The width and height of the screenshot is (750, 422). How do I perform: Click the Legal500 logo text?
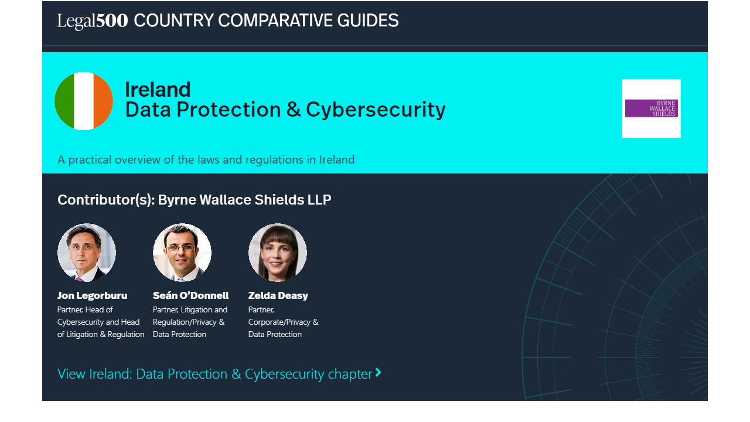coord(93,21)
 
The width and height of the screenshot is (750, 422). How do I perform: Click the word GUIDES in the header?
coord(367,21)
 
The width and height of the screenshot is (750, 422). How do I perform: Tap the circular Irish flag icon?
coord(84,101)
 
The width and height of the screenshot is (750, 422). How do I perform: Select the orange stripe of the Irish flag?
coord(103,101)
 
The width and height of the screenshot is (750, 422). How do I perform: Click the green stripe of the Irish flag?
coord(64,101)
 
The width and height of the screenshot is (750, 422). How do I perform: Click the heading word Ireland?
coord(158,90)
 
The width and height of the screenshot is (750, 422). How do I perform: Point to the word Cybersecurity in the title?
coord(376,110)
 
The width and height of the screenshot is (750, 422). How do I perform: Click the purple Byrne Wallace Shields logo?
coord(651,108)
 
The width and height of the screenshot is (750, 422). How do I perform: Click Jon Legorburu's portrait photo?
coord(87,252)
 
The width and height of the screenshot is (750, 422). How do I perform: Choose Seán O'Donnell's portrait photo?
coord(182,252)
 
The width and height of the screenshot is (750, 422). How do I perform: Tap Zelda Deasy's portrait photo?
coord(278,252)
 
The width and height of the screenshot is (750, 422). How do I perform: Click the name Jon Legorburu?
coord(92,296)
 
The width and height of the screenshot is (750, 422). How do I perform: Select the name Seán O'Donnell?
coord(190,295)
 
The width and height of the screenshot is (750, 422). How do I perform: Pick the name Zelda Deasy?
coord(278,296)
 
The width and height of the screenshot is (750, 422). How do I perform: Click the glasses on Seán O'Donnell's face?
coord(181,248)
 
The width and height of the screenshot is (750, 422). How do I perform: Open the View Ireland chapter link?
coord(219,374)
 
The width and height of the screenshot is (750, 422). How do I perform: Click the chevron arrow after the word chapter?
coord(379,372)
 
